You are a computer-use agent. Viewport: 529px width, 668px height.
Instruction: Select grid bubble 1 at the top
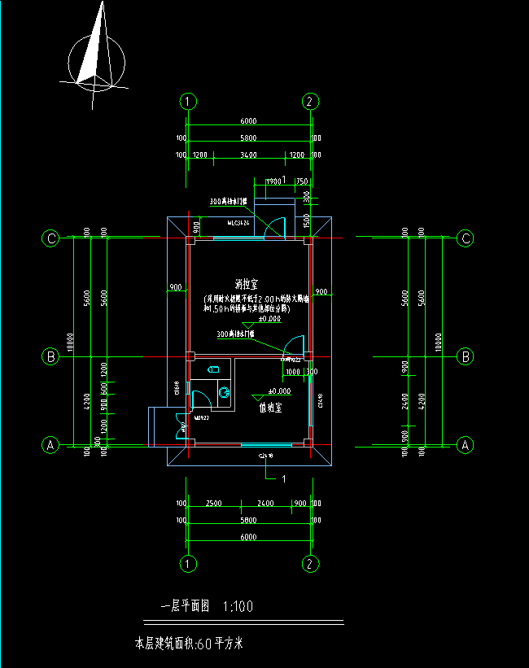click(x=188, y=102)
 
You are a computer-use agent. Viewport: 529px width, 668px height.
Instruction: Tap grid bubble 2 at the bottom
click(x=310, y=563)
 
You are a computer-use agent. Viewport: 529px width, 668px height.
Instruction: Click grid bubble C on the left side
click(x=51, y=238)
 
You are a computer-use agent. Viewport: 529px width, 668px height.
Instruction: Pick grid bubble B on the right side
click(x=466, y=356)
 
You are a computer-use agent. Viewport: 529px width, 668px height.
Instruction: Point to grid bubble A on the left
click(x=51, y=445)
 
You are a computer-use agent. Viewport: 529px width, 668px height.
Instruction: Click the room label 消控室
click(x=246, y=285)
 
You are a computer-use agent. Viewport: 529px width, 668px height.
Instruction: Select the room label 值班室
click(x=271, y=407)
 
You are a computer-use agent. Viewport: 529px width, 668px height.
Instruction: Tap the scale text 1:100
click(x=237, y=606)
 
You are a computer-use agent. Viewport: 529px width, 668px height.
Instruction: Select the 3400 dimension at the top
click(x=249, y=155)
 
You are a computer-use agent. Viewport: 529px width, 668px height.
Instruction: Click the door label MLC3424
click(x=238, y=221)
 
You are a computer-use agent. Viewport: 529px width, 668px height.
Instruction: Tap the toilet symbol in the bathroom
click(x=223, y=394)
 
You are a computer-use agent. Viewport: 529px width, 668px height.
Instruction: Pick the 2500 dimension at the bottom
click(x=213, y=504)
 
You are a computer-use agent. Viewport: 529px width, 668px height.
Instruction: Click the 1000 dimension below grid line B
click(x=292, y=371)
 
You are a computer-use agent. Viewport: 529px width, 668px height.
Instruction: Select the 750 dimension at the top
click(x=301, y=181)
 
